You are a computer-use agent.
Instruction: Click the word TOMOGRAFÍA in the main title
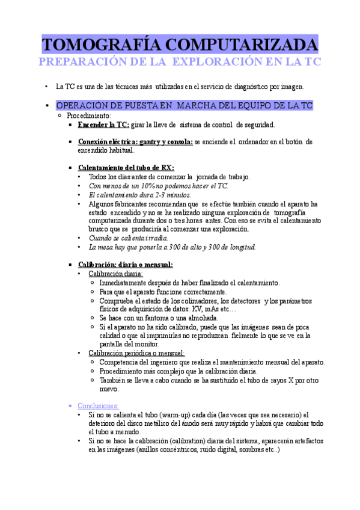[100, 46]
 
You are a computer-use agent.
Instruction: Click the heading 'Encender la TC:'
[103, 125]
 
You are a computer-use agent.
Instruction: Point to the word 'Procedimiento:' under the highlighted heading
[89, 115]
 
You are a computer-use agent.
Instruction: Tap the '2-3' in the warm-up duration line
[163, 194]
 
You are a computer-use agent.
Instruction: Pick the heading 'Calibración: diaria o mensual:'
[125, 264]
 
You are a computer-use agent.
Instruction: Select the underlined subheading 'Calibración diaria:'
[116, 273]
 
